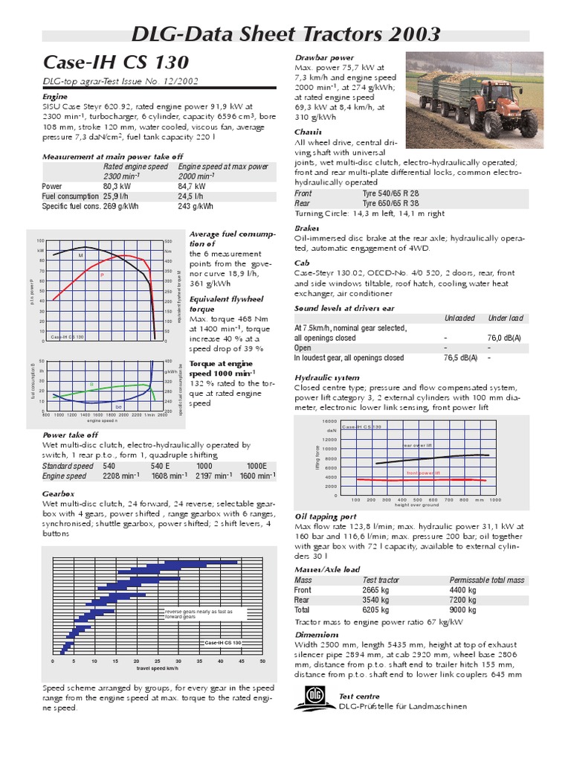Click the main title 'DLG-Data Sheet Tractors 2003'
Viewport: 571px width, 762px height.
coord(285,34)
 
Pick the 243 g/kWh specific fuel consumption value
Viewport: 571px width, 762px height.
coord(196,206)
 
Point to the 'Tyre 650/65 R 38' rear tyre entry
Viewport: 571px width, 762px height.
coord(392,203)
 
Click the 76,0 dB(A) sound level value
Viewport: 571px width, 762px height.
coord(504,338)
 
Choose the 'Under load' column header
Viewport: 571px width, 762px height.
coord(505,318)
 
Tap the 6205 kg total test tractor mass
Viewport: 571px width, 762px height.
coord(377,609)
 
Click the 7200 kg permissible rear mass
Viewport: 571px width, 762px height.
coord(463,600)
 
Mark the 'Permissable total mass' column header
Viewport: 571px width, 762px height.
coord(486,580)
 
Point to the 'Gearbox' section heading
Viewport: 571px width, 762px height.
coord(58,493)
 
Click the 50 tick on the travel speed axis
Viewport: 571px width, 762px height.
coord(262,661)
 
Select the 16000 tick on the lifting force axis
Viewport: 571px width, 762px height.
coord(330,421)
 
